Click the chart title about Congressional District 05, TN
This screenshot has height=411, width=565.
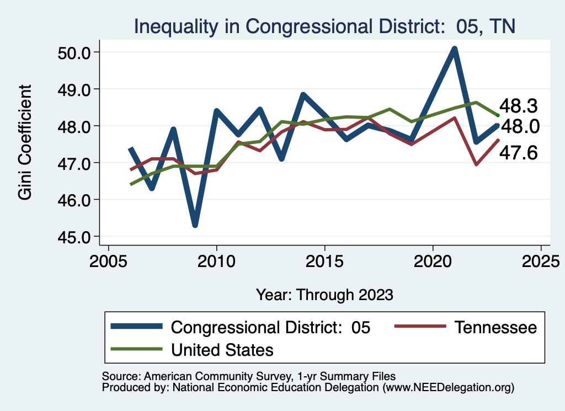tap(325, 26)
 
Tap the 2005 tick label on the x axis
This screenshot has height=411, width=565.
tap(108, 260)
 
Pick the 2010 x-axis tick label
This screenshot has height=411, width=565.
tap(216, 260)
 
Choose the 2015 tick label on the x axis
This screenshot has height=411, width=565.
tap(324, 260)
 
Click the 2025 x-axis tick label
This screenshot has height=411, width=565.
tap(541, 260)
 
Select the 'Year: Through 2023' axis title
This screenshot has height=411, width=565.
tap(324, 295)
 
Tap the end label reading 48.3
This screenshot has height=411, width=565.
tap(519, 106)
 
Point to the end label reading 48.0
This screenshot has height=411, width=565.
tap(519, 127)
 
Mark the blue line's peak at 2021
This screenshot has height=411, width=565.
tap(454, 49)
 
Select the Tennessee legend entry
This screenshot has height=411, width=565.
tap(495, 327)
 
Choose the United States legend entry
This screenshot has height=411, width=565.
tap(222, 349)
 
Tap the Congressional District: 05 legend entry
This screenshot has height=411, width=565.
tap(270, 327)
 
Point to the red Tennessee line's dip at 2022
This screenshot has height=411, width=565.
tap(476, 164)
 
